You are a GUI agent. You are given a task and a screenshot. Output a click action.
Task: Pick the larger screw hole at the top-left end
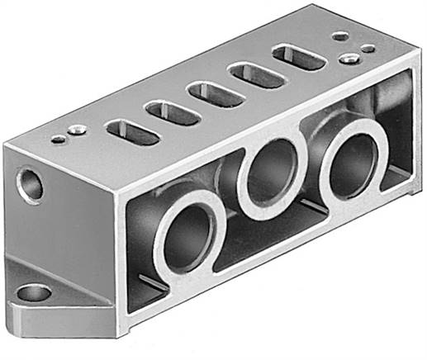(75, 129)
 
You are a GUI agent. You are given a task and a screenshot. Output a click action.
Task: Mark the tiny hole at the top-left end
(57, 140)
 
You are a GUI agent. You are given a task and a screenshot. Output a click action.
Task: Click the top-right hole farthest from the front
(339, 36)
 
